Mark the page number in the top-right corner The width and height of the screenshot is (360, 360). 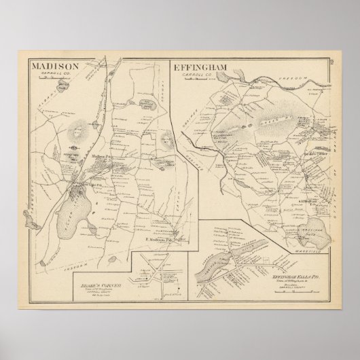point(331,64)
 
